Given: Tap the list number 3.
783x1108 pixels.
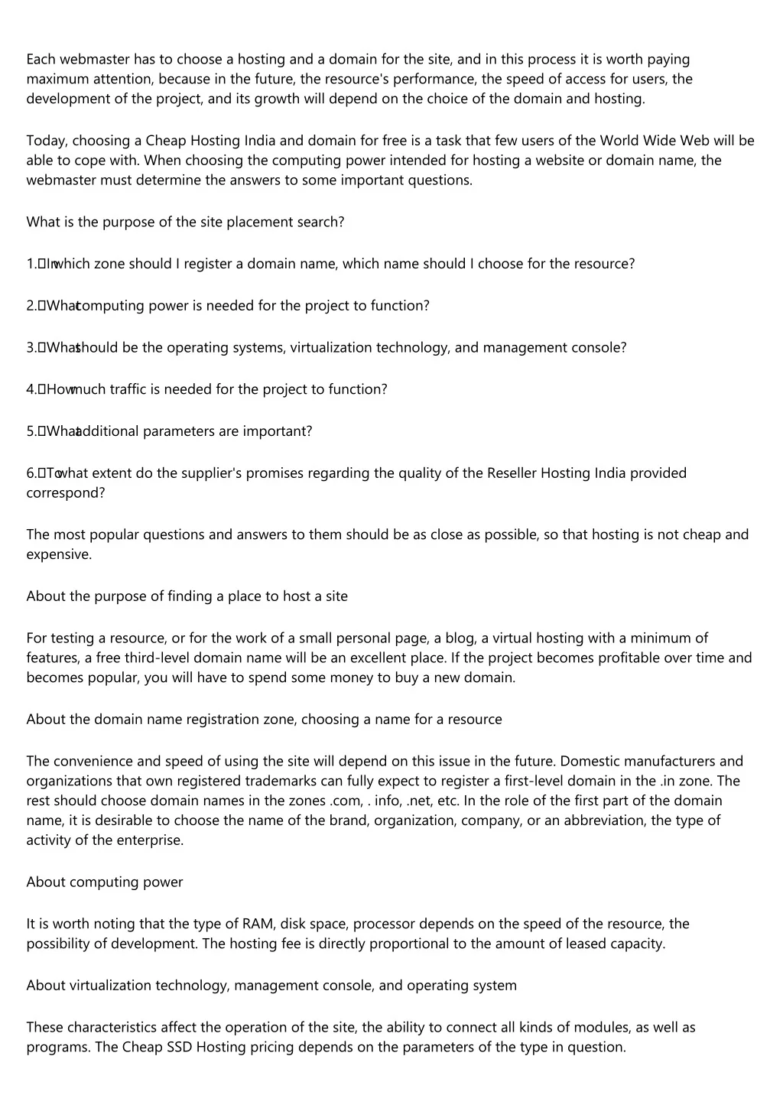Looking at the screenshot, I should (31, 348).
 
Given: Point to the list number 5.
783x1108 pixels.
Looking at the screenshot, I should (31, 431).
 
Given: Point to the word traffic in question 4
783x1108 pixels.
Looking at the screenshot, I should (128, 390).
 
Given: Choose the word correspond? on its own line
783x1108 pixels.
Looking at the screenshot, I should (66, 493).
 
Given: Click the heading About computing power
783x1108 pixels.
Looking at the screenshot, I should (105, 882).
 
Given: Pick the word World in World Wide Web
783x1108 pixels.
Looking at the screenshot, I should (619, 141).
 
